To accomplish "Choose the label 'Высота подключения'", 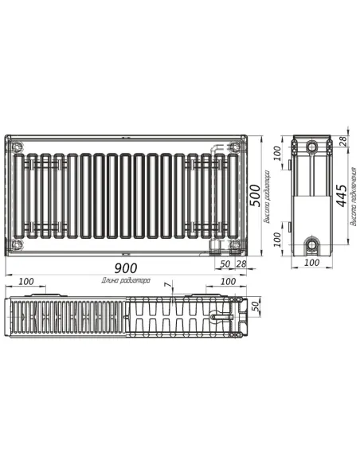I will (354, 209).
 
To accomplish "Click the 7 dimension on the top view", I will (166, 285).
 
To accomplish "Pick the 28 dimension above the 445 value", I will (342, 142).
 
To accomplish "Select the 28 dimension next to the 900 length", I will (240, 264).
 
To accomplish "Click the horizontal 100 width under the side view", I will (311, 263).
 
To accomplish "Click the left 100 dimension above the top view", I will (26, 281).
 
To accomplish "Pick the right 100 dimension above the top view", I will (227, 281).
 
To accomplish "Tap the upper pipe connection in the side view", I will (312, 147).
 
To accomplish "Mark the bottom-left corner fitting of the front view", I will (18, 243).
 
